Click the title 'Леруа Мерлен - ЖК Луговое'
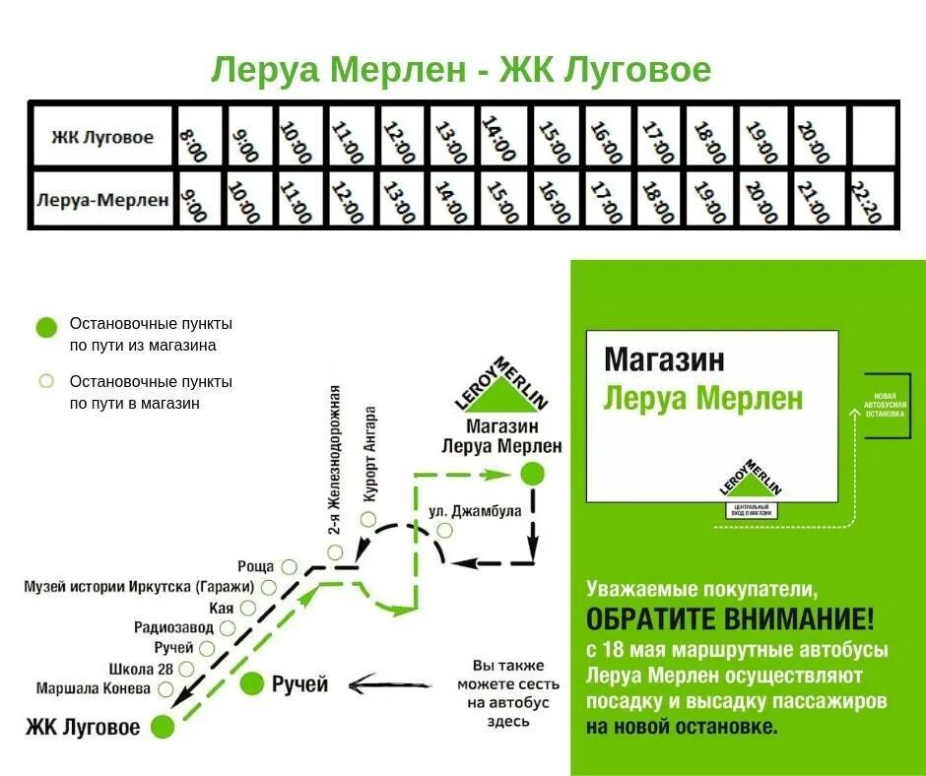point(461,70)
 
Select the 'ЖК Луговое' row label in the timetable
point(102,137)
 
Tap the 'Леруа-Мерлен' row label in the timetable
point(102,200)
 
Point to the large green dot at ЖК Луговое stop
point(163,727)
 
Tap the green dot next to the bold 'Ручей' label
point(252,682)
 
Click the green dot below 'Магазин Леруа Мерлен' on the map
point(532,474)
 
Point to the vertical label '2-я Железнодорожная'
point(335,459)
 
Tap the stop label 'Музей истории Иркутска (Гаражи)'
point(138,587)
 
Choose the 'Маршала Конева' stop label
point(94,687)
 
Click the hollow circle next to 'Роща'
point(289,566)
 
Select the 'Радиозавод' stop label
point(172,627)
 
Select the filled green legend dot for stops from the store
point(45,328)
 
